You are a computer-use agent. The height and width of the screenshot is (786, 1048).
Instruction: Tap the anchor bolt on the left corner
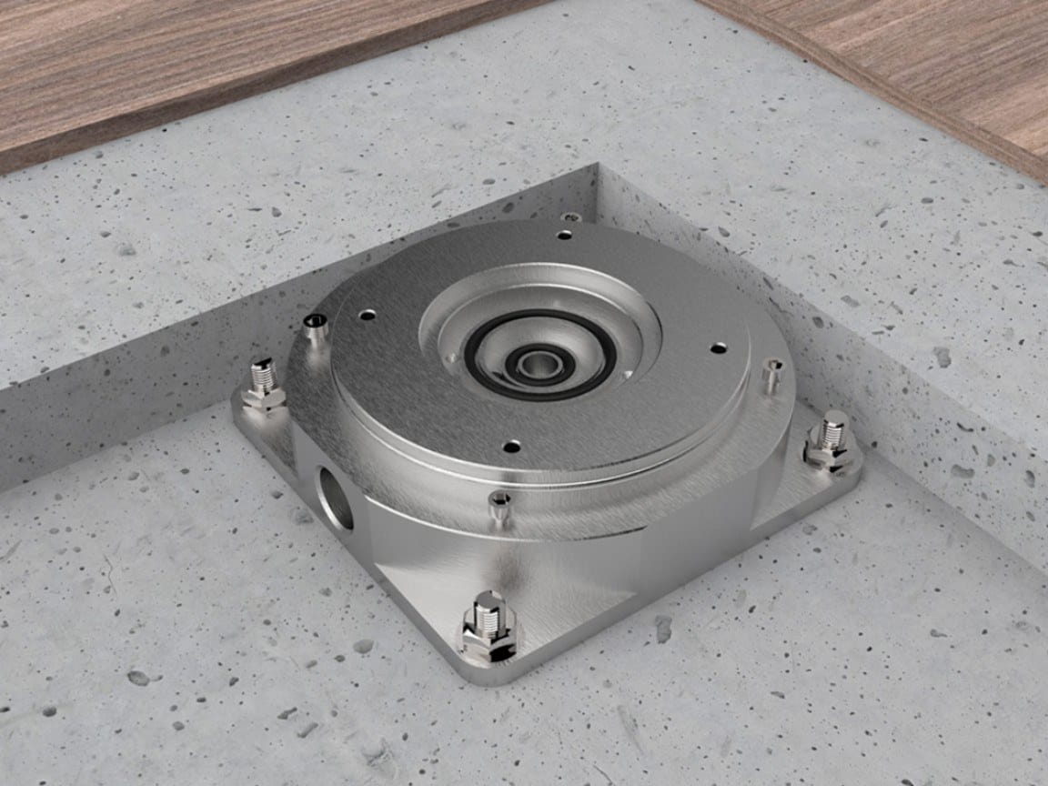pos(264,383)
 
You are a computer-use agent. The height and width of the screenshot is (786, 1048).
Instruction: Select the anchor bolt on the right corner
pos(831,439)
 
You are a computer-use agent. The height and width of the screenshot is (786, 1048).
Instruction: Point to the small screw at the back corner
pos(570,217)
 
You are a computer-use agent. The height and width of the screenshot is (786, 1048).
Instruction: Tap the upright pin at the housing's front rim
pos(499,506)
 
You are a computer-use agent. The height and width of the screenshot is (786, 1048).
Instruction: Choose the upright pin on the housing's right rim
pos(772,375)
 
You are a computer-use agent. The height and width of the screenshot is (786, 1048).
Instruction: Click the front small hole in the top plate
pos(512,447)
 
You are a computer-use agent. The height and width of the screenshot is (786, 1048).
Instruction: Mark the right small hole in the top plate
pos(719,348)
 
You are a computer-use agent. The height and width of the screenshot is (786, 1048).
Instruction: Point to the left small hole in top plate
pos(367,315)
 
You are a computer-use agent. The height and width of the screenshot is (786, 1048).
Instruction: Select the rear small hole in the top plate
pos(565,235)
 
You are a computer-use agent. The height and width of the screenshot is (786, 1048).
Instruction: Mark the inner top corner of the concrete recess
pos(596,166)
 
